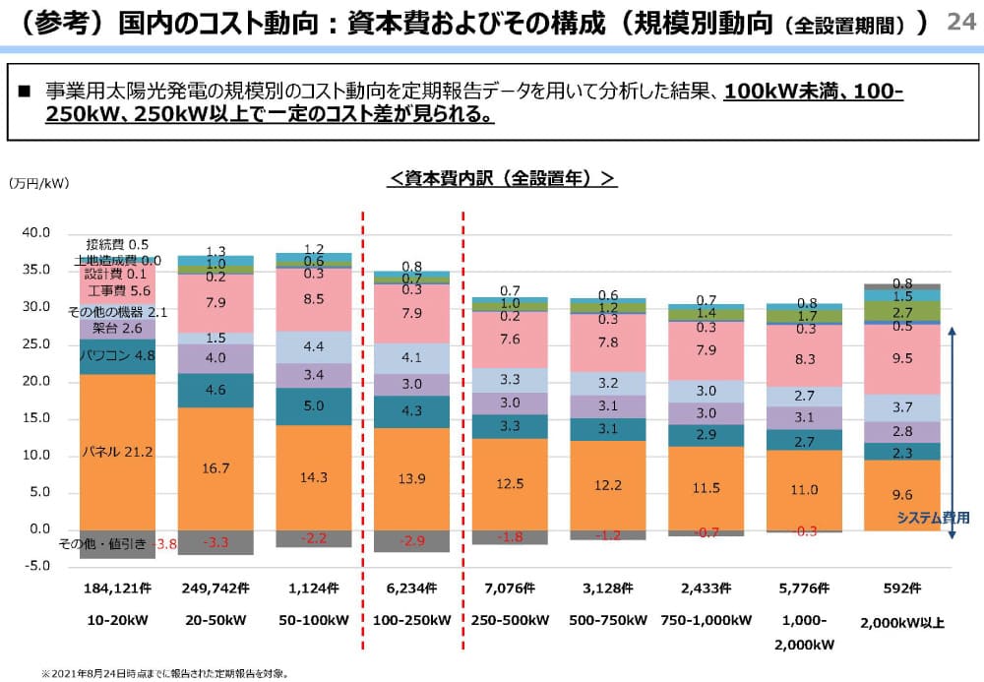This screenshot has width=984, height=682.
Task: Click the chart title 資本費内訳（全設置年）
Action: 503,178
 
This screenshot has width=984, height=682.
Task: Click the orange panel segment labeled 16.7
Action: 215,468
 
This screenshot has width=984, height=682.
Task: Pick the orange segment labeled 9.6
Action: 901,495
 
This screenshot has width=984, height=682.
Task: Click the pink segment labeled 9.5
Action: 901,359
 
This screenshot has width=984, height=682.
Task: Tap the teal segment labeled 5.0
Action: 314,405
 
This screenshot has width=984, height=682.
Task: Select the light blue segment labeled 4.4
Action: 314,346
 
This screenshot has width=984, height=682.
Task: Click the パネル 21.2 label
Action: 116,452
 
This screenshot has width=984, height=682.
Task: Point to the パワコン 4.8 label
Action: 116,355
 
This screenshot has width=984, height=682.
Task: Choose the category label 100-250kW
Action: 412,621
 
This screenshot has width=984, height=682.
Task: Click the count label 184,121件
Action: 117,589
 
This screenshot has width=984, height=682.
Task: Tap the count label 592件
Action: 902,589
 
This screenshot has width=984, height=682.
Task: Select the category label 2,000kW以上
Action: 902,623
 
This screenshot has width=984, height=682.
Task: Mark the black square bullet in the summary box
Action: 26,92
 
